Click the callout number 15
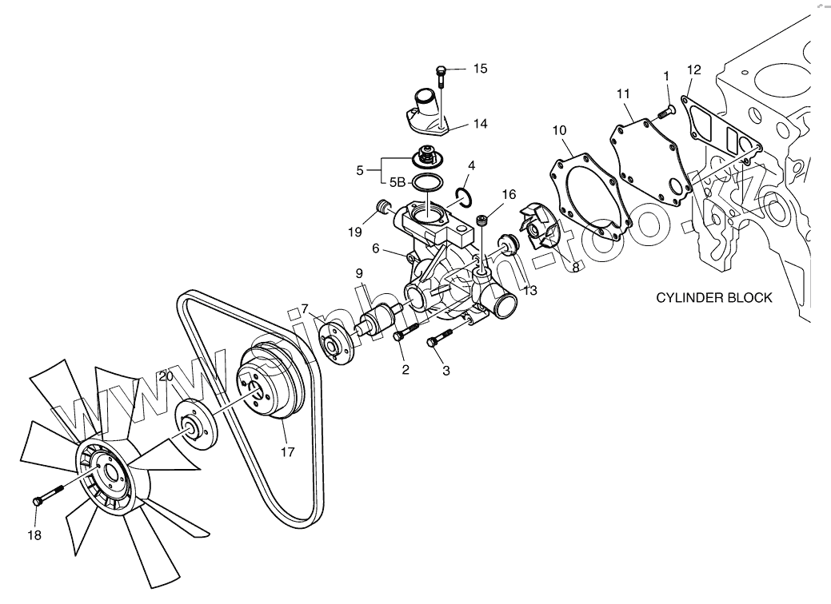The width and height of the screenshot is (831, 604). point(480,69)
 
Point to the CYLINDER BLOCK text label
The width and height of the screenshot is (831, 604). point(714,298)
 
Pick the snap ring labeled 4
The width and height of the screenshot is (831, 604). point(463,195)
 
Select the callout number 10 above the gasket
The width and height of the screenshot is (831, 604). point(559,129)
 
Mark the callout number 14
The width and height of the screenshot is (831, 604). point(480,124)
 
